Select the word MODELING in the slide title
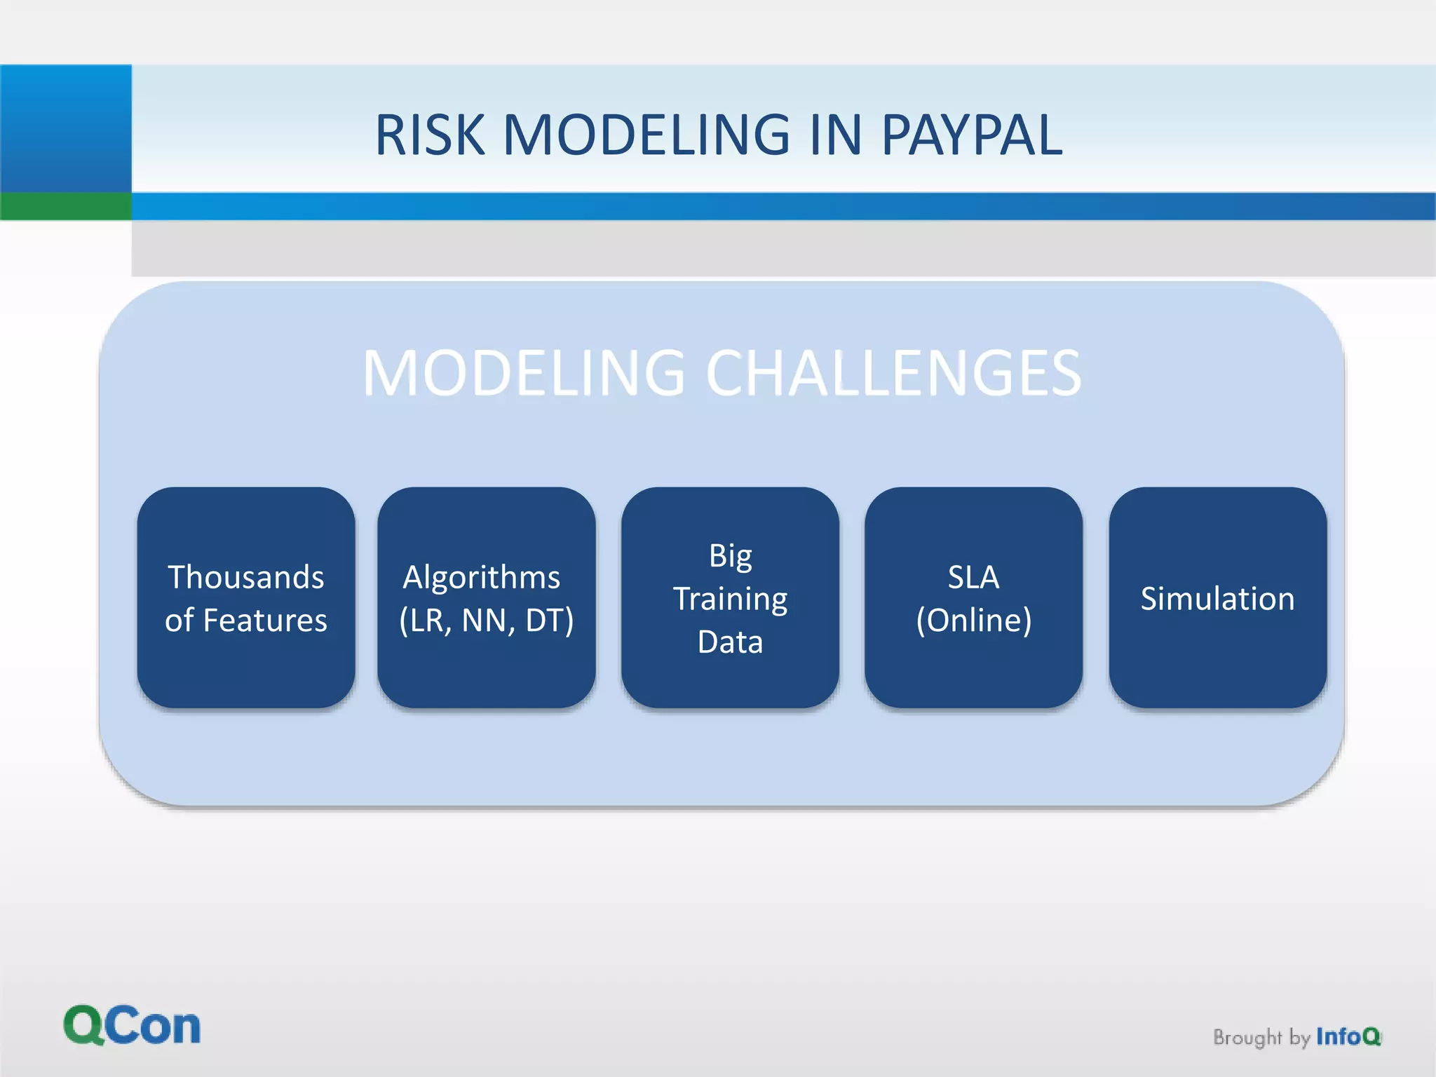pyautogui.click(x=646, y=135)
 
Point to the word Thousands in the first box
pyautogui.click(x=246, y=577)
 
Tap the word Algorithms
pyautogui.click(x=482, y=577)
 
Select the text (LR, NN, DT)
pyautogui.click(x=486, y=621)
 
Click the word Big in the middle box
pyautogui.click(x=730, y=557)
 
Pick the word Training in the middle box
pyautogui.click(x=730, y=600)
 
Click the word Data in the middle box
pyautogui.click(x=730, y=642)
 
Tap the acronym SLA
pyautogui.click(x=973, y=577)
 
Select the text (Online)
pyautogui.click(x=973, y=621)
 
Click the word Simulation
pyautogui.click(x=1217, y=599)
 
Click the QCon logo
pyautogui.click(x=132, y=1026)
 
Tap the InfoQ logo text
pyautogui.click(x=1348, y=1036)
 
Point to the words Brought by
pyautogui.click(x=1261, y=1037)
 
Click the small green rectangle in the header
pyautogui.click(x=65, y=206)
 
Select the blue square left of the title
pyautogui.click(x=65, y=128)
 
